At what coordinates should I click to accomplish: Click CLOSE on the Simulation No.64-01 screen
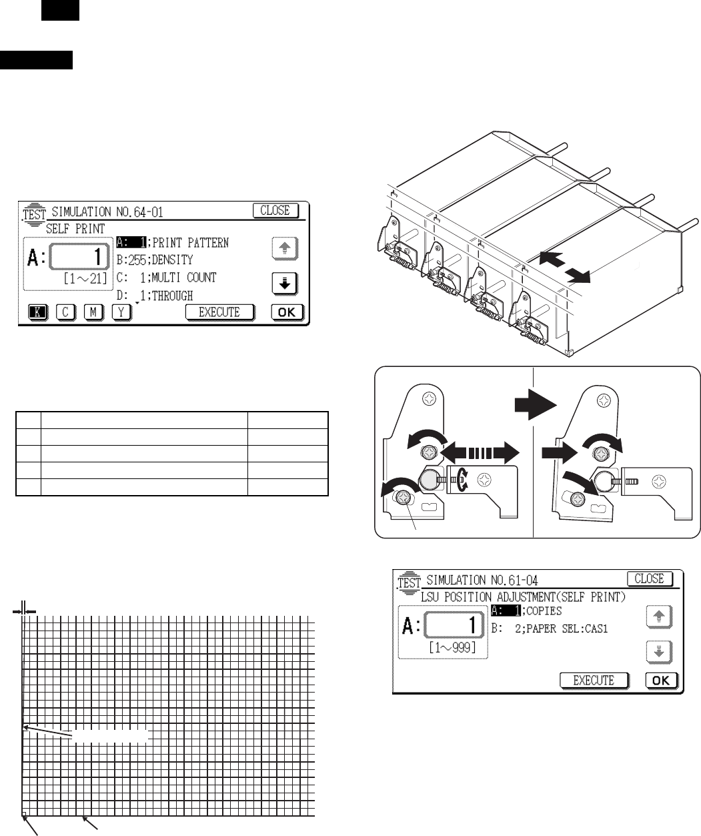(275, 210)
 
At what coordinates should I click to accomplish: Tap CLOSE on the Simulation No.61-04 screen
(649, 578)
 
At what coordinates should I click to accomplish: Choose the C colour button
(65, 312)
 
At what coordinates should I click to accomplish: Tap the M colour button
(93, 312)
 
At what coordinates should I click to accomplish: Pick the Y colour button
(121, 312)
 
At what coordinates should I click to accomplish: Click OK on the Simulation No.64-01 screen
(287, 312)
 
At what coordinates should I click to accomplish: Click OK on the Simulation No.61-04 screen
(661, 680)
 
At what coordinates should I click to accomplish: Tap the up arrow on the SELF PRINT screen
(284, 248)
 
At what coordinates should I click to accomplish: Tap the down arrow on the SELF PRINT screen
(284, 283)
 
